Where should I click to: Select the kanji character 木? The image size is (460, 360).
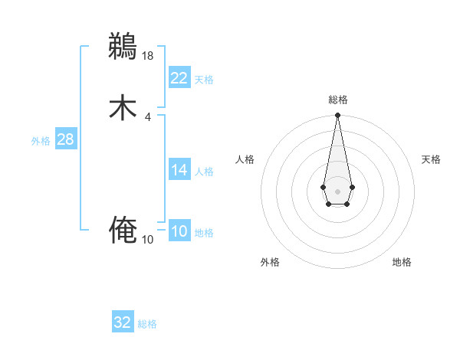click(123, 108)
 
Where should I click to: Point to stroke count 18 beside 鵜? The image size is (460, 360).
click(149, 55)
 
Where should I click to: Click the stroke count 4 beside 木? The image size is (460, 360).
click(148, 117)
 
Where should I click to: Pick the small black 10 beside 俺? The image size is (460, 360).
click(148, 240)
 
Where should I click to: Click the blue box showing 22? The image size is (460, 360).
click(179, 78)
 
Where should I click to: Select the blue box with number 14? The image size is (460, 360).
click(179, 170)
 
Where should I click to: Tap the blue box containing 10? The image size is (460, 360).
click(179, 231)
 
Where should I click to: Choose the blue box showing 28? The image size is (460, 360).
click(65, 140)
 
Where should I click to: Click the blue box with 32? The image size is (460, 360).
click(123, 322)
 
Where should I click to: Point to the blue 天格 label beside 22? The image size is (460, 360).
click(204, 80)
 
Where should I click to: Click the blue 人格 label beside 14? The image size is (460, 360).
click(204, 172)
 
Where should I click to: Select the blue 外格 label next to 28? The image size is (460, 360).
click(41, 141)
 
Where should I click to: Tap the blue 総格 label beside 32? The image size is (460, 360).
click(147, 324)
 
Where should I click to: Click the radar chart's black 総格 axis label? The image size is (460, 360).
click(337, 100)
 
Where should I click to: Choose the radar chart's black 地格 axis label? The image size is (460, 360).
click(402, 263)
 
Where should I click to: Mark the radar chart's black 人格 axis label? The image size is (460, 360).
click(245, 159)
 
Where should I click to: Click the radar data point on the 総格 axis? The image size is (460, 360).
click(337, 116)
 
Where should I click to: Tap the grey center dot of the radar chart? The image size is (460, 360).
click(337, 191)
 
